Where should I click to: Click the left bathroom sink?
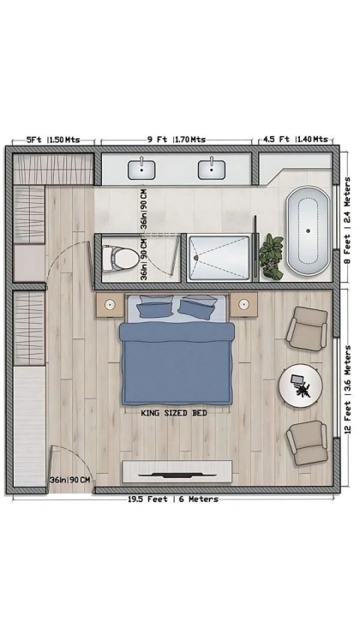point(141,170)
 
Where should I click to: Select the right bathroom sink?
point(212,170)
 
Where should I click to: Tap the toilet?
point(120,259)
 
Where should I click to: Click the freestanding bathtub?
point(309,230)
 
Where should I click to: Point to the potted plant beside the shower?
point(271,257)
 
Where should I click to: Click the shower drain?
point(196,258)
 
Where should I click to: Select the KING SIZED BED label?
point(174,413)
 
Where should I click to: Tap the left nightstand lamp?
point(110,304)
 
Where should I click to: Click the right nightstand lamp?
point(244,304)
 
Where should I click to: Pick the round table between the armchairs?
point(301,386)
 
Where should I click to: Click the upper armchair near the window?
point(307,328)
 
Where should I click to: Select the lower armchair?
point(307,442)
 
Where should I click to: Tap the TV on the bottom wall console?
point(177,475)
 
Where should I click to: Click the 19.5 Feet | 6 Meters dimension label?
point(173,499)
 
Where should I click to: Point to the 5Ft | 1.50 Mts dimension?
point(53,140)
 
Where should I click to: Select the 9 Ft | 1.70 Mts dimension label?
point(177,140)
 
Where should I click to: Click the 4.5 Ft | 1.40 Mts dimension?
point(296,139)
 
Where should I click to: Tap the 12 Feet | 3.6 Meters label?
point(348,390)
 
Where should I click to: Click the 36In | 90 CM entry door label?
point(69,480)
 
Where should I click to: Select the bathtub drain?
point(309,231)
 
